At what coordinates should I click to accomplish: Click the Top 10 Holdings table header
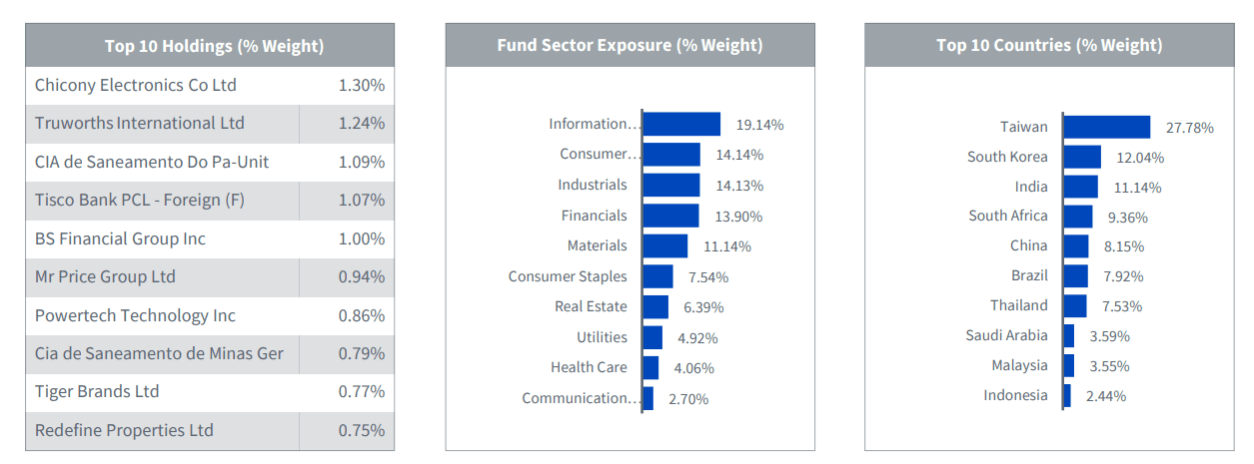pyautogui.click(x=214, y=46)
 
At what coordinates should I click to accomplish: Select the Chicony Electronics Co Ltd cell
pyautogui.click(x=136, y=85)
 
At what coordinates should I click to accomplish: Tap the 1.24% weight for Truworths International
pyautogui.click(x=361, y=124)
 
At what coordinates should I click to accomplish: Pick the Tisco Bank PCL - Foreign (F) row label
pyautogui.click(x=140, y=200)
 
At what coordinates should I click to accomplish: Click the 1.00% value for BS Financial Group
pyautogui.click(x=361, y=238)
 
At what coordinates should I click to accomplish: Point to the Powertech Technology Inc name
pyautogui.click(x=136, y=315)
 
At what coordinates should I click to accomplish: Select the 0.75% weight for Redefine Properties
pyautogui.click(x=361, y=430)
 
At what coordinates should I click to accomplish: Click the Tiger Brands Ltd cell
pyautogui.click(x=97, y=391)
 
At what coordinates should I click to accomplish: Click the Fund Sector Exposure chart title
pyautogui.click(x=629, y=46)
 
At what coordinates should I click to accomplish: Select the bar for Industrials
pyautogui.click(x=670, y=185)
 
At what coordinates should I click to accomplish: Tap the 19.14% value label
pyautogui.click(x=759, y=125)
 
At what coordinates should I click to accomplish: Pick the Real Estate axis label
pyautogui.click(x=591, y=306)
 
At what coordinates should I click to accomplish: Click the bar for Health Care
pyautogui.click(x=650, y=368)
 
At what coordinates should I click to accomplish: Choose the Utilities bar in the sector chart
pyautogui.click(x=652, y=337)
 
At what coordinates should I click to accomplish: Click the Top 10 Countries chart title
pyautogui.click(x=1049, y=46)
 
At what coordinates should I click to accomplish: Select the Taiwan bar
pyautogui.click(x=1107, y=127)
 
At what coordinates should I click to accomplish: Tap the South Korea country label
pyautogui.click(x=1007, y=157)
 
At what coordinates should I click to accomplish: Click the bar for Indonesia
pyautogui.click(x=1067, y=396)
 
